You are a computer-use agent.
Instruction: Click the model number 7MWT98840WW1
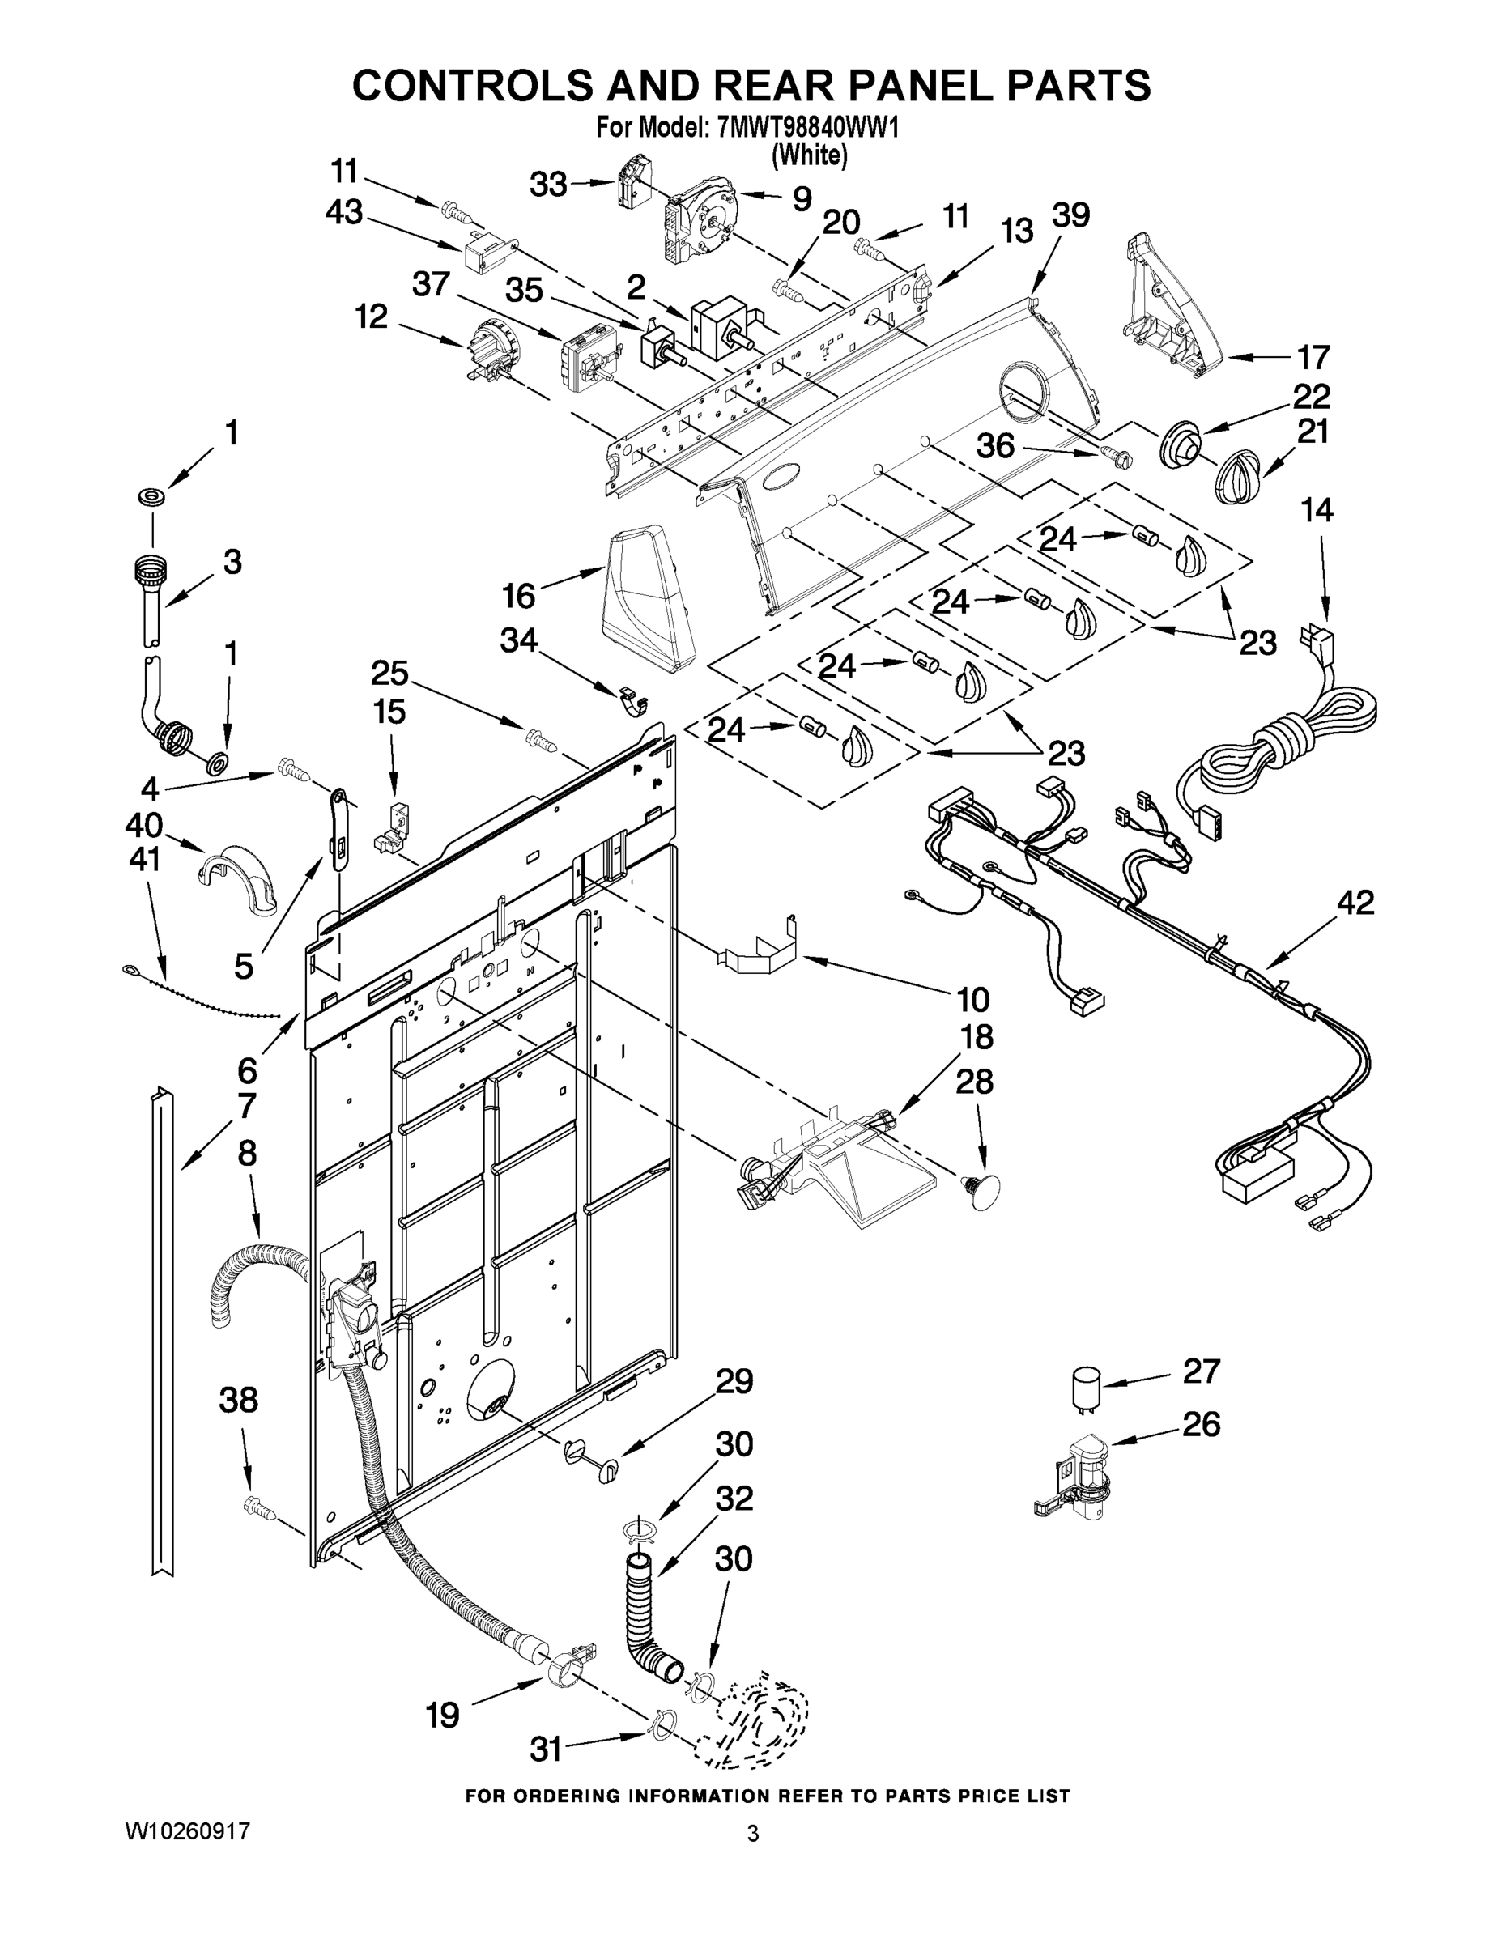807,128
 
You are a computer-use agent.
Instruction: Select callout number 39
1070,215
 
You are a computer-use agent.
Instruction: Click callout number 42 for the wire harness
1355,903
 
